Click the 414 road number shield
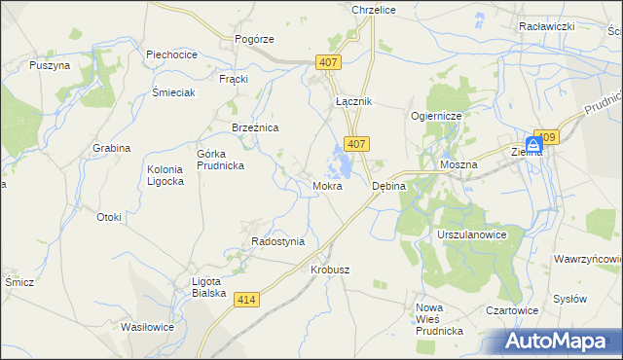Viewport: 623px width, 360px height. pos(247,302)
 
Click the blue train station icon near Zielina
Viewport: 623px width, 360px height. pos(533,142)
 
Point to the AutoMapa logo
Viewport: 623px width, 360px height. pos(563,341)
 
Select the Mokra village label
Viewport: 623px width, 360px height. pos(327,185)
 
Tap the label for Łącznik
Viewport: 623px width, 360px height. pos(353,101)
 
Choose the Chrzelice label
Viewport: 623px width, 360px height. pos(370,8)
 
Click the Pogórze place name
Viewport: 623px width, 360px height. pos(255,39)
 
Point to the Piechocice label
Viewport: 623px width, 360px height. pos(172,55)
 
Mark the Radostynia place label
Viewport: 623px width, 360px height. pos(278,241)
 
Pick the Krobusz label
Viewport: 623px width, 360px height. pos(329,270)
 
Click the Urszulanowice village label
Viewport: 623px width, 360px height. pos(473,235)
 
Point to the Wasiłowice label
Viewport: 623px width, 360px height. pos(147,327)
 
